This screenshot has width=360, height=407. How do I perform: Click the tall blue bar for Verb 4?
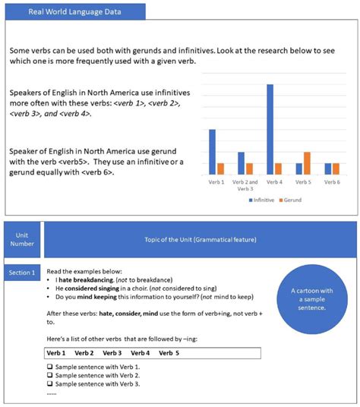(x=270, y=129)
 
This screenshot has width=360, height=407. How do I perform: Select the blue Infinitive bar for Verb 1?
(x=212, y=152)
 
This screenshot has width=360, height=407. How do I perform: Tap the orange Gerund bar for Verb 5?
(x=307, y=162)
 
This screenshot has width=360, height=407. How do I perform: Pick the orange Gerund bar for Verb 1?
(x=220, y=169)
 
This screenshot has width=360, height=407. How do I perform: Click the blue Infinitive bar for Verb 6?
(x=328, y=169)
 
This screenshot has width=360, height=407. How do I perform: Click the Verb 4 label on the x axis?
(x=273, y=182)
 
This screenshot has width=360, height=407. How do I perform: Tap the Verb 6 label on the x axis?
(x=332, y=182)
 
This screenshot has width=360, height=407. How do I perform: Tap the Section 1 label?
(x=21, y=272)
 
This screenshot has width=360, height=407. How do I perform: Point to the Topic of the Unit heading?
(x=200, y=240)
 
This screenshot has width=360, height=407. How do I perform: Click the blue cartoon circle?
(x=308, y=299)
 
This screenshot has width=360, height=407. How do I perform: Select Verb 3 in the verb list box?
(x=112, y=353)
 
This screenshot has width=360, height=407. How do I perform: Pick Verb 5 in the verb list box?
(x=169, y=353)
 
